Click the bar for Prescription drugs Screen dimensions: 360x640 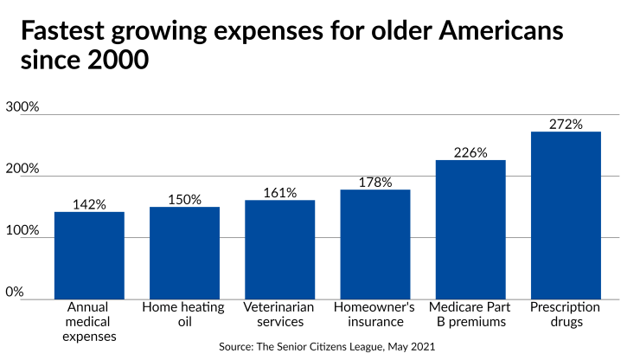(566, 215)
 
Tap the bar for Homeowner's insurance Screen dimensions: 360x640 (375, 244)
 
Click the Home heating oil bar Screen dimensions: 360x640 (184, 253)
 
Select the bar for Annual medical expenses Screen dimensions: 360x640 (89, 255)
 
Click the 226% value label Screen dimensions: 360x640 (470, 152)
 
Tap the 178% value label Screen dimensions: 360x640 (375, 182)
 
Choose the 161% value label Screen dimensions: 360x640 (280, 192)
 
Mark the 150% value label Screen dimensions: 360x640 (184, 199)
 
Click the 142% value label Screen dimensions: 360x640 (89, 204)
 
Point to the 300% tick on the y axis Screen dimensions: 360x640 (22, 107)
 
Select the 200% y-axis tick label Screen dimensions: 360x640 (22, 169)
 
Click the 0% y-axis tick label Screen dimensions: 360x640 (15, 292)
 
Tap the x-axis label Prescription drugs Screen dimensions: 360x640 (566, 314)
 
